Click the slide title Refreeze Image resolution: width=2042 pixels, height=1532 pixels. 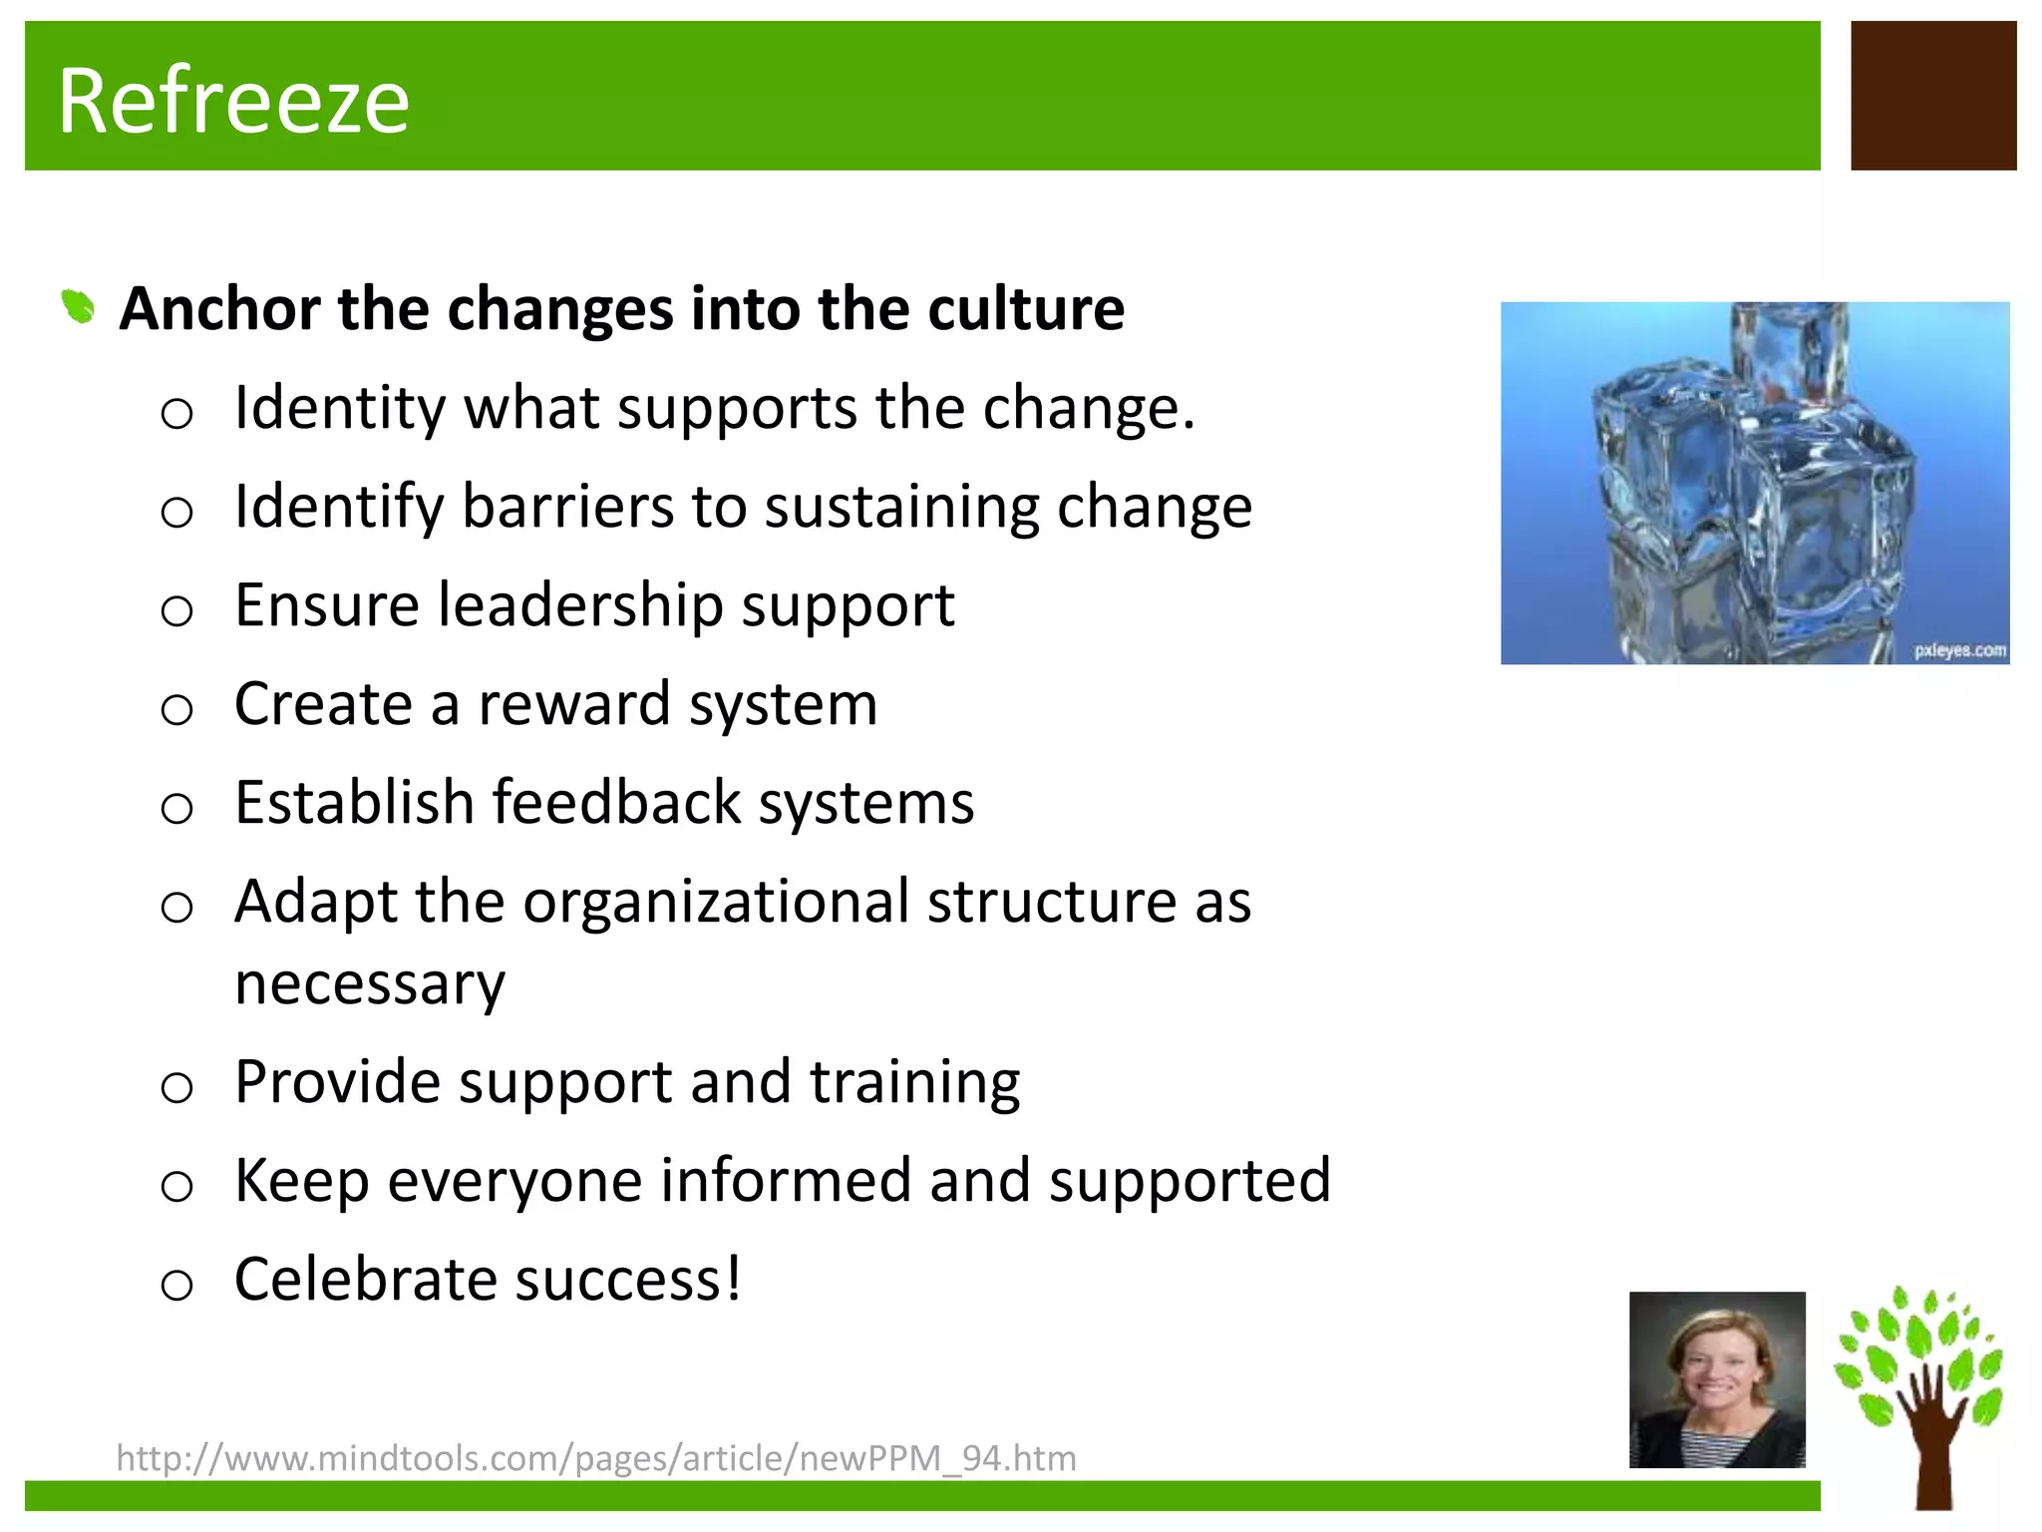[x=233, y=101]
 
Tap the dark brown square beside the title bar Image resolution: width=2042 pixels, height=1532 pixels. [x=1932, y=96]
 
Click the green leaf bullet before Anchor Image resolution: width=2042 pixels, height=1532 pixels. [x=78, y=306]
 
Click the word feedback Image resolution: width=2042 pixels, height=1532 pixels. [x=616, y=803]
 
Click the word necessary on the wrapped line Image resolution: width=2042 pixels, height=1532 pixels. [x=370, y=984]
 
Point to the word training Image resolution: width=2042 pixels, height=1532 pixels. [x=914, y=1082]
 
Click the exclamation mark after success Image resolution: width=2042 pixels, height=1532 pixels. [x=733, y=1279]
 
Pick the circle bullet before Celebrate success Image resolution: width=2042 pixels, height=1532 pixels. [x=176, y=1285]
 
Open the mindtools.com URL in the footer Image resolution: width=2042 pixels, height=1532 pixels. [x=596, y=1458]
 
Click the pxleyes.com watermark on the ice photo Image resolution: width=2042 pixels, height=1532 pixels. [x=1959, y=650]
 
